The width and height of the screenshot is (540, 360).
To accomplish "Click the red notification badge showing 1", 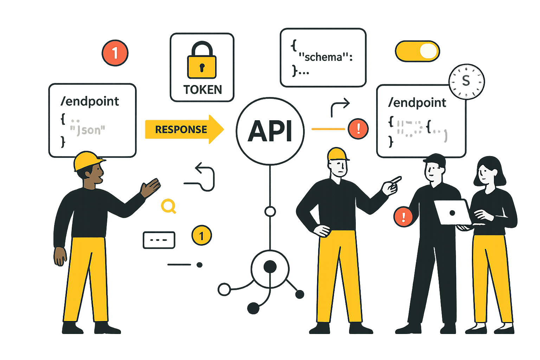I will coord(115,53).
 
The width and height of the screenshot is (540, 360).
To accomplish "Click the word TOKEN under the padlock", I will coord(202,90).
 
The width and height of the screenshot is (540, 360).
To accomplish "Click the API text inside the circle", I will coord(270,131).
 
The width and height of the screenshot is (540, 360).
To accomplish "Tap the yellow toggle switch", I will coord(417,51).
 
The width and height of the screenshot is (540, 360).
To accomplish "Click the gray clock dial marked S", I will coord(467,82).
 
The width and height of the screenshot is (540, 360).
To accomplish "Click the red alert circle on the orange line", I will coord(358,129).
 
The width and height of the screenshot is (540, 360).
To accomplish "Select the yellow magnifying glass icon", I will coord(168,206).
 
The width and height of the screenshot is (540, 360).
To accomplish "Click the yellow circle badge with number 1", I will coord(201,236).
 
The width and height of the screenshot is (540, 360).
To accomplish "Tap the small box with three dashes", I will coord(159,240).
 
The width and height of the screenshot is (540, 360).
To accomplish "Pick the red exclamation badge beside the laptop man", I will coord(403,217).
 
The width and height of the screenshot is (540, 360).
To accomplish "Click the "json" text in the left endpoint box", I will coord(88,130).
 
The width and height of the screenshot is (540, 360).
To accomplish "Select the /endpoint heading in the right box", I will coord(417,103).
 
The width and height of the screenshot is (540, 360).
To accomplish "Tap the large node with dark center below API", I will coord(270,267).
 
